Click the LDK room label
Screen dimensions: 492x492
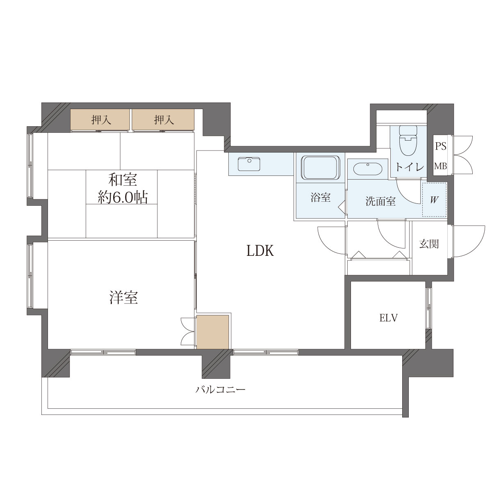tap(260, 251)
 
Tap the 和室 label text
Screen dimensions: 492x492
tap(123, 180)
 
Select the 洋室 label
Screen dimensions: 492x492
tap(123, 297)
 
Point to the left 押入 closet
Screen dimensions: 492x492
tap(100, 119)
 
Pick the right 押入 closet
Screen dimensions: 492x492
tap(163, 119)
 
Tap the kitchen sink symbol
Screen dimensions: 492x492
tap(249, 164)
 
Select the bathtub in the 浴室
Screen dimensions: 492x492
tap(321, 168)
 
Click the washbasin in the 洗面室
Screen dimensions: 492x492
tap(368, 169)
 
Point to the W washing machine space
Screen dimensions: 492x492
tap(434, 200)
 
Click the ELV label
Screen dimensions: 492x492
tap(388, 318)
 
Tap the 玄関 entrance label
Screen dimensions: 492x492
tap(429, 244)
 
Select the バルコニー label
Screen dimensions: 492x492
tap(220, 389)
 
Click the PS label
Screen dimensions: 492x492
tap(441, 146)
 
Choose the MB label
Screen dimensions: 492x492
tap(441, 166)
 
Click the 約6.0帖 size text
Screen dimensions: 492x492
tap(123, 197)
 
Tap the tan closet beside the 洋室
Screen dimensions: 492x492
tap(212, 332)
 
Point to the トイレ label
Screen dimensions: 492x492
tap(410, 167)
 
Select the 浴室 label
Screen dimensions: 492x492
tap(321, 198)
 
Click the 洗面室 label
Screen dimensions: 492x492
tap(380, 201)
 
